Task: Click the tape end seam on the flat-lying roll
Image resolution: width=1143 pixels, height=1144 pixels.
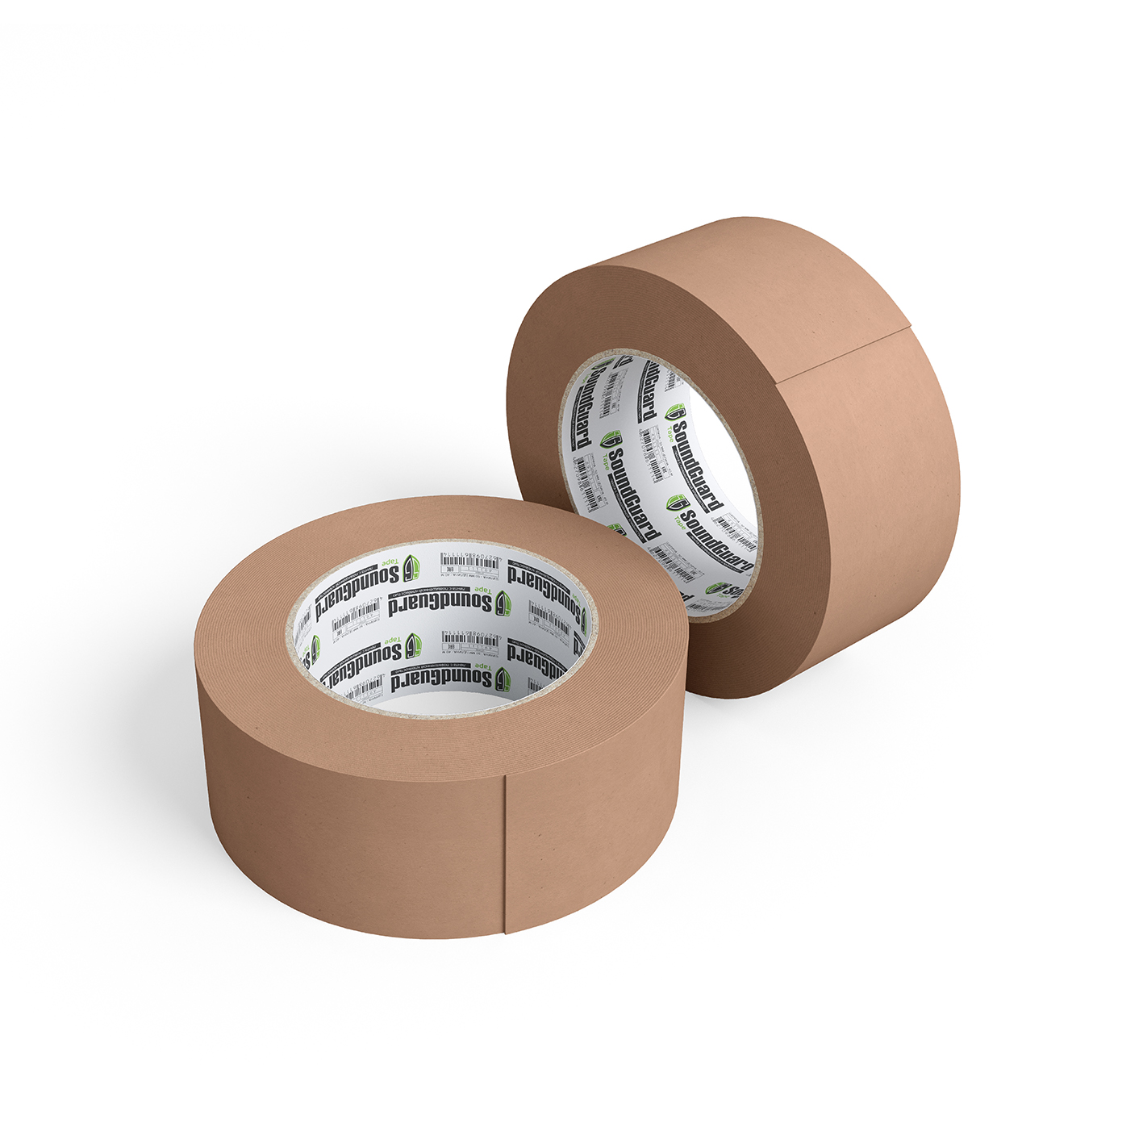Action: tap(506, 855)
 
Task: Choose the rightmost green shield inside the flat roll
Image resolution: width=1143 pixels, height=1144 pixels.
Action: tap(582, 621)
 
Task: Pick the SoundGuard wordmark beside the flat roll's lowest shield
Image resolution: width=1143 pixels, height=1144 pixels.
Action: tap(440, 678)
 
